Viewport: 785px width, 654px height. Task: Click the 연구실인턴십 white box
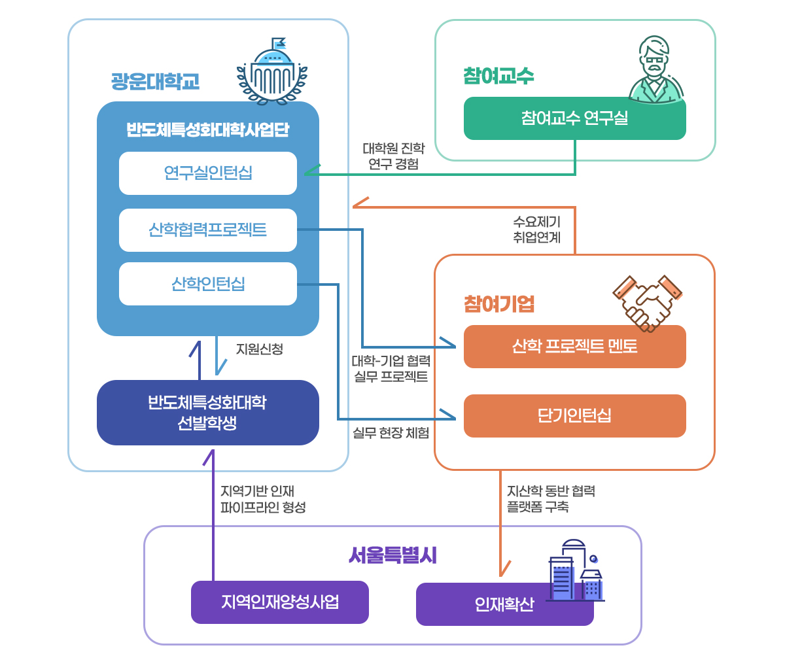tap(208, 173)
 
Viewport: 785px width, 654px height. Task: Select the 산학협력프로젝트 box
tap(208, 230)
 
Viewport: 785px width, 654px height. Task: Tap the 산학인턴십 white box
tap(208, 284)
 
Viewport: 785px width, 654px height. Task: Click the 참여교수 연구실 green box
tap(574, 118)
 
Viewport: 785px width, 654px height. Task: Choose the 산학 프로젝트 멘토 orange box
tap(574, 347)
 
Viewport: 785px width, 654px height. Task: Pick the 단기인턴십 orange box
tap(574, 416)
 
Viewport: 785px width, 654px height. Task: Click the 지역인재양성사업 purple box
tap(280, 602)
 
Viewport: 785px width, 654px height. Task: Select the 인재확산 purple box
tap(504, 604)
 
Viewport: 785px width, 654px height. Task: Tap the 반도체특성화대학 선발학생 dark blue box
tap(208, 413)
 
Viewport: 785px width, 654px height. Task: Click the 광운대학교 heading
tap(155, 82)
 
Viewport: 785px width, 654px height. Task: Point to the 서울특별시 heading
tap(392, 555)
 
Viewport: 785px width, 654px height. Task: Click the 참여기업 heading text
tap(499, 304)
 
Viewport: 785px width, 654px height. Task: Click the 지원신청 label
tap(260, 349)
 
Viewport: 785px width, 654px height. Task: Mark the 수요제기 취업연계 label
tap(537, 230)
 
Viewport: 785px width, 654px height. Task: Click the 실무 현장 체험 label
tap(391, 432)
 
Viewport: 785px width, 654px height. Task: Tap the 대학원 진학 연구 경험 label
tap(394, 156)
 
